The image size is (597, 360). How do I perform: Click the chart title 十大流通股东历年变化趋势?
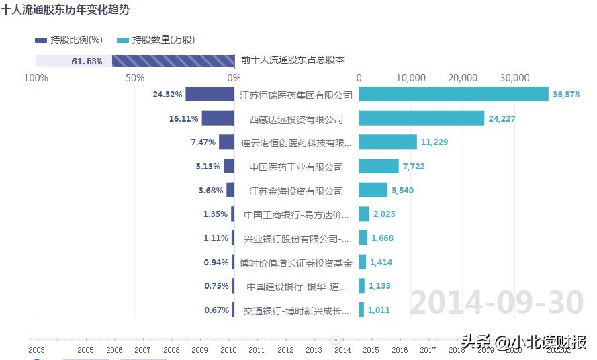pos(66,10)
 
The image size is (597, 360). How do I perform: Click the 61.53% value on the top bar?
pos(87,62)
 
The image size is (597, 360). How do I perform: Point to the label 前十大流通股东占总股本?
pos(293,60)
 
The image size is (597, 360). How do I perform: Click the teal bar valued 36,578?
pos(453,95)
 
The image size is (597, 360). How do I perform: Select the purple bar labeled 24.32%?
pos(210,95)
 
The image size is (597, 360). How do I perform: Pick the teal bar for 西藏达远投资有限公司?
pos(421,119)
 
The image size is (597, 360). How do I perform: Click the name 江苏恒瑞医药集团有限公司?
pos(296,95)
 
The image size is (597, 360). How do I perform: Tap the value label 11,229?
pos(434,142)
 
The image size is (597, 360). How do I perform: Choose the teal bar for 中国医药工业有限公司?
pos(379,167)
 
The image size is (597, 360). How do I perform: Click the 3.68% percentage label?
pos(210,191)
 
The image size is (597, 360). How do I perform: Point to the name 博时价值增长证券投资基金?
pos(296,263)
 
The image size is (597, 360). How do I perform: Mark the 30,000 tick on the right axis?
pos(515,78)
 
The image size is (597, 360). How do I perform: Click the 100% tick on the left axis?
pos(36,78)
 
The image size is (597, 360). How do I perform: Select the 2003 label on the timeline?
pos(37,350)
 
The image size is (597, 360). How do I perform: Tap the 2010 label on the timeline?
pos(228,350)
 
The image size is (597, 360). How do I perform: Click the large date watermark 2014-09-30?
pos(497,303)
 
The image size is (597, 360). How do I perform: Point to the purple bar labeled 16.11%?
pos(218,119)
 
